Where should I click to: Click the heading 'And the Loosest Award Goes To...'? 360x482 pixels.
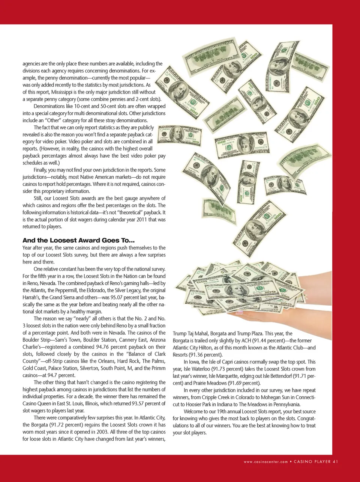click(x=78, y=240)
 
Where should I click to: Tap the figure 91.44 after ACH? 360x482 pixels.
click(x=259, y=340)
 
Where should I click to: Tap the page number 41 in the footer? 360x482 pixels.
click(x=335, y=462)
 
